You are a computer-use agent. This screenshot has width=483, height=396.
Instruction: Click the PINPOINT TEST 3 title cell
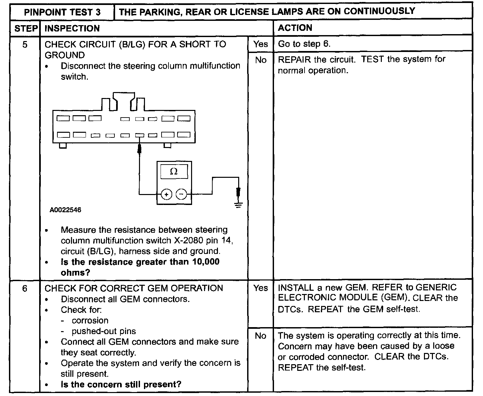click(62, 13)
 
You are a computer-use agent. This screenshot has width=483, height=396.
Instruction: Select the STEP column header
click(26, 28)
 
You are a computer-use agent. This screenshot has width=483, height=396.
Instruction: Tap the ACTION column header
click(295, 28)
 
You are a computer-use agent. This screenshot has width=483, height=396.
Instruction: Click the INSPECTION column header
click(72, 28)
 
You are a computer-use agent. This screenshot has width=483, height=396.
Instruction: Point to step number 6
click(25, 288)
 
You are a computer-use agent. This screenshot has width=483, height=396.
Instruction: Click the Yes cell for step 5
click(260, 44)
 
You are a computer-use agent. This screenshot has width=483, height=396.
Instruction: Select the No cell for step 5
click(260, 60)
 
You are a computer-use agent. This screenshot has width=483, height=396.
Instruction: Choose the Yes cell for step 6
click(260, 288)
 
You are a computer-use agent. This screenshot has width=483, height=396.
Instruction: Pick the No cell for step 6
click(260, 336)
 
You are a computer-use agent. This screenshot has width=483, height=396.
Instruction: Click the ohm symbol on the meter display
click(173, 172)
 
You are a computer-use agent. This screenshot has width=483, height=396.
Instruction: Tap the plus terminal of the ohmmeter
click(166, 194)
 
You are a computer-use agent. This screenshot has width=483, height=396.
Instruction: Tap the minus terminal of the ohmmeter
click(181, 194)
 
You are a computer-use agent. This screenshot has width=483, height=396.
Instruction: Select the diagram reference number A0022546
click(65, 210)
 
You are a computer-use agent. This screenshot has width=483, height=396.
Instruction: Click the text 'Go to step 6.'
click(304, 44)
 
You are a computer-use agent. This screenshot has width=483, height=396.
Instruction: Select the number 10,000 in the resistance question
click(204, 262)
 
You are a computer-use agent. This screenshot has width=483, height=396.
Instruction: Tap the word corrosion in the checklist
click(90, 321)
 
